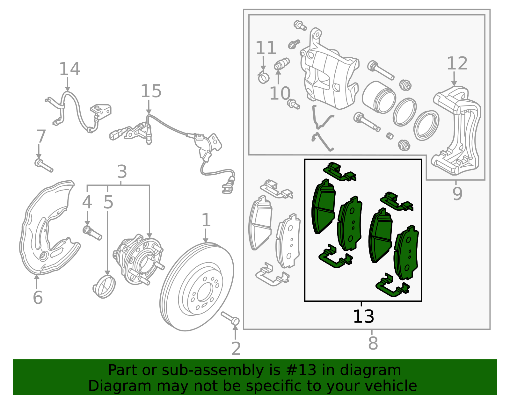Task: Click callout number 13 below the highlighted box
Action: [x=363, y=316]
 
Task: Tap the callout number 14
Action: [x=69, y=69]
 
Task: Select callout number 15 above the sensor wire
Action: [x=151, y=91]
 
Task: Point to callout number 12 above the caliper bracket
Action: [x=457, y=63]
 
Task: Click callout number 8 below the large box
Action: [x=373, y=344]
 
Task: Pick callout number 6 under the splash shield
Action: [x=38, y=297]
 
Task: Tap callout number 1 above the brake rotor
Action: [x=206, y=220]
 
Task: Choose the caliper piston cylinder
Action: [x=379, y=97]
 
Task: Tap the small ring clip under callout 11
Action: [x=263, y=77]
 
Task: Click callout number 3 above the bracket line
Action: [x=122, y=172]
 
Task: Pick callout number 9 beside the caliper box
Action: [x=457, y=193]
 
